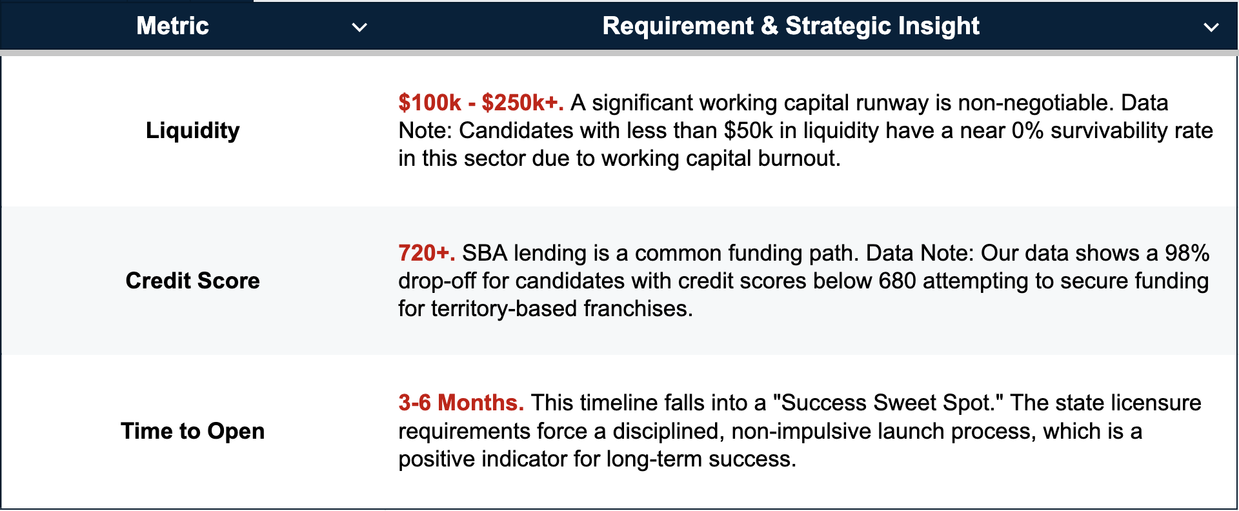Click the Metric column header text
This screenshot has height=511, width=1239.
tap(173, 26)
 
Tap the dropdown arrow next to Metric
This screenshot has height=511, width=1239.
tap(359, 27)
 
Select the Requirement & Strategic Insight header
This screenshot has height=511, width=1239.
tap(791, 26)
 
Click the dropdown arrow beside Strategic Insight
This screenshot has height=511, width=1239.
tap(1211, 27)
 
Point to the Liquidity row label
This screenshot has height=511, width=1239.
tap(192, 130)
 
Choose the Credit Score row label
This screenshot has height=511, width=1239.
tap(192, 281)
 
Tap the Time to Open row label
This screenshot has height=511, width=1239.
tap(192, 431)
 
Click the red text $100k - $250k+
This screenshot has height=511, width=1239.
tap(481, 103)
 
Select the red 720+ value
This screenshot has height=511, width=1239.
tap(427, 253)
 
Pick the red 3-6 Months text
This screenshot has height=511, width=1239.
tap(461, 403)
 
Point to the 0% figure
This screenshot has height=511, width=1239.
tap(1028, 130)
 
